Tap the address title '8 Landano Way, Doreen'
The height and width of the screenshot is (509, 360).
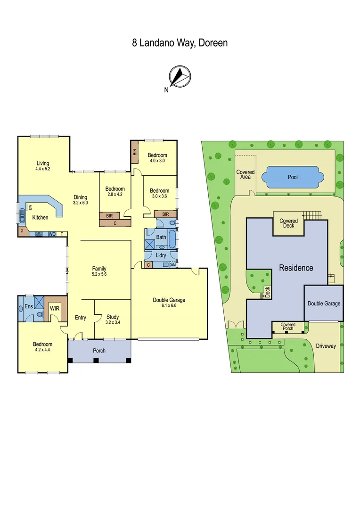click(x=180, y=43)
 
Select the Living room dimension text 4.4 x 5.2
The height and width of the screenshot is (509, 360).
click(x=42, y=168)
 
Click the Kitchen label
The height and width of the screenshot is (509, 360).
click(x=40, y=218)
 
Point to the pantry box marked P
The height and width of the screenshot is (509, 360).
click(x=22, y=232)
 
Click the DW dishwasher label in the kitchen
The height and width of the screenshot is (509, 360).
click(x=30, y=207)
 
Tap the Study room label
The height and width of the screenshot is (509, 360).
click(x=112, y=317)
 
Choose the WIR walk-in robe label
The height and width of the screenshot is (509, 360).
click(x=55, y=309)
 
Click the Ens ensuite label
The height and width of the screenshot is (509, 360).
click(x=28, y=307)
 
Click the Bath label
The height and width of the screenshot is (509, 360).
click(x=161, y=237)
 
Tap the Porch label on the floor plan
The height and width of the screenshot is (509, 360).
click(x=99, y=351)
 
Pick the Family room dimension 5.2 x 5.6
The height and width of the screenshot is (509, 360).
click(x=99, y=274)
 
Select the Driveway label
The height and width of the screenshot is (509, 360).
click(x=325, y=346)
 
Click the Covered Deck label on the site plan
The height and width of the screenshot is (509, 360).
click(x=288, y=223)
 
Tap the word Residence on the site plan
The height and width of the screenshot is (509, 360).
click(x=296, y=268)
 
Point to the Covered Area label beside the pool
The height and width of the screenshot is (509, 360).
click(x=245, y=175)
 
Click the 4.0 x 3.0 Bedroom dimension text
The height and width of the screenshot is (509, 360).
click(x=157, y=161)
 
